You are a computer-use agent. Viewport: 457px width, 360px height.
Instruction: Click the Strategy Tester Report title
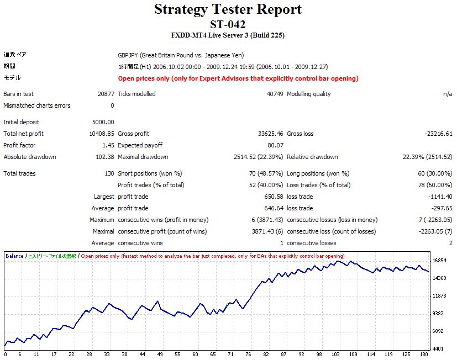coord(228,9)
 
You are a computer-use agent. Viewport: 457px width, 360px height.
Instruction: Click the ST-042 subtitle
coord(228,24)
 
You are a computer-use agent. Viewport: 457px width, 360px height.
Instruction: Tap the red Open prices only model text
coord(238,78)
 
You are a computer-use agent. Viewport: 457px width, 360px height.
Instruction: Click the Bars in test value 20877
coord(104,94)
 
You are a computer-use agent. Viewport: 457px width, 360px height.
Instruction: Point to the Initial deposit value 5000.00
coord(103,122)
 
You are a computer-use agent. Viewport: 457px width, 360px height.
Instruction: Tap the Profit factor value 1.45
coord(108,145)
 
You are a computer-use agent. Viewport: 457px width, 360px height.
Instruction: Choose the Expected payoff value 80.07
coord(275,145)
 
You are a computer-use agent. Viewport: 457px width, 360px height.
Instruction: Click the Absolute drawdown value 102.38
coord(105,157)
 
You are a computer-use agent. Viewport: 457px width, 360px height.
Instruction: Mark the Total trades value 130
coord(109,173)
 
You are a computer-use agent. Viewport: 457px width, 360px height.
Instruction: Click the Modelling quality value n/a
coord(448,94)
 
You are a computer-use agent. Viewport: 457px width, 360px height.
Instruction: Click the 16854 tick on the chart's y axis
coord(439,261)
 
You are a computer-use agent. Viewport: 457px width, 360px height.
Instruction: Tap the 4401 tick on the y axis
coord(439,348)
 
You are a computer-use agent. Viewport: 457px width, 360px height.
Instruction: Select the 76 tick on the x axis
coord(248,354)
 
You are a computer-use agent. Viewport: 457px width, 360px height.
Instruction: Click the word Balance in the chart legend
coord(14,256)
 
